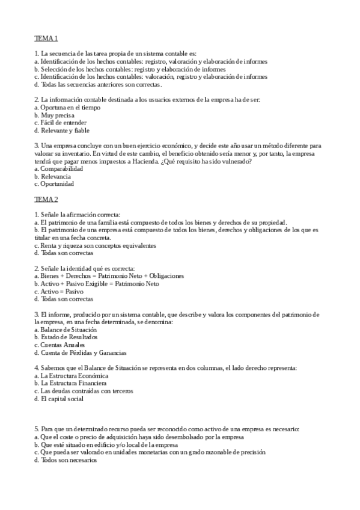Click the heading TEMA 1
point(46,39)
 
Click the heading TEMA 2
point(46,199)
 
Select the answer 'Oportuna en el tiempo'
point(62,108)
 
